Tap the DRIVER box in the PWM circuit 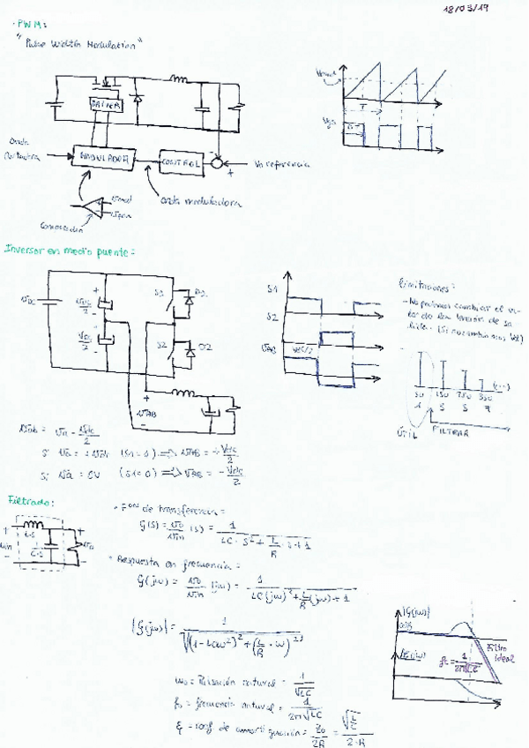108,104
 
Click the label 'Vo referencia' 283,164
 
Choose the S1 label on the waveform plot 272,288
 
